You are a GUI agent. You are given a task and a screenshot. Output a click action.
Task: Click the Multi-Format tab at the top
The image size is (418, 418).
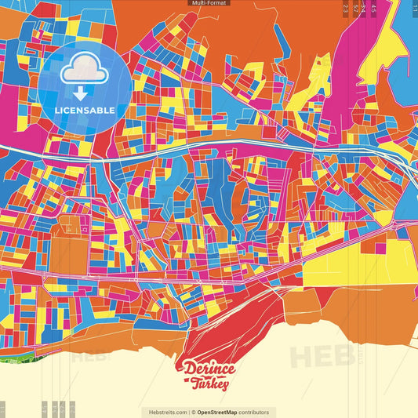pyautogui.click(x=209, y=3)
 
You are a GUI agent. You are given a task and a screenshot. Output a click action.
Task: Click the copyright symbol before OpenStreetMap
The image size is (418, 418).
pyautogui.click(x=193, y=412)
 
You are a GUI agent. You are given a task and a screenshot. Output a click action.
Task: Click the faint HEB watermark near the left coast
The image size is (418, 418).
pyautogui.click(x=90, y=354)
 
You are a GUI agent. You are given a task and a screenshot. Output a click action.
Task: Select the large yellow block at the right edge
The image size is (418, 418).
pyautogui.click(x=392, y=255)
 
